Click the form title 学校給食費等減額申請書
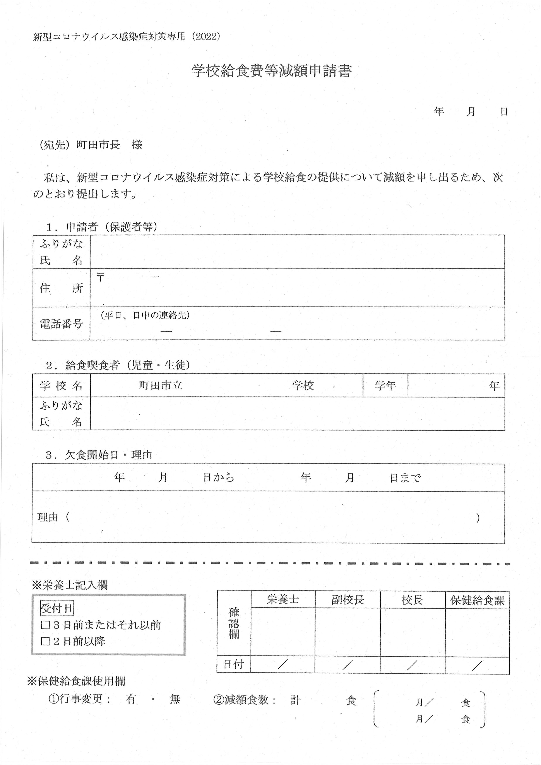click(272, 71)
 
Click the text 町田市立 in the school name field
click(161, 385)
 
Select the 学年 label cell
click(385, 385)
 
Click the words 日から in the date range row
click(219, 478)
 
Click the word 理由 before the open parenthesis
click(48, 517)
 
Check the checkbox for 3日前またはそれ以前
click(45, 625)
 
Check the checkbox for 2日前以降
click(45, 641)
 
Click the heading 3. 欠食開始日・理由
click(99, 455)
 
